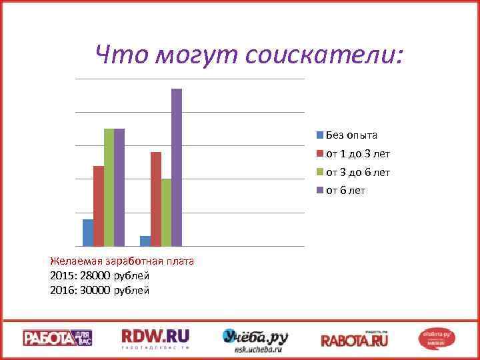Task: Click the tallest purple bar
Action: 177,167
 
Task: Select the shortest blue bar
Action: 145,241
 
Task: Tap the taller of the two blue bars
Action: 88,232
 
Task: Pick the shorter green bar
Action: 166,212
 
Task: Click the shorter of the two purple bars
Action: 119,187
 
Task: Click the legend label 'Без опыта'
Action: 351,135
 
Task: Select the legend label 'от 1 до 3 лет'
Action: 357,154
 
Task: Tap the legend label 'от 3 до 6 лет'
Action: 357,173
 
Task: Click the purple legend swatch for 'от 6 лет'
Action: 320,191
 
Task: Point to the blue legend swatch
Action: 320,135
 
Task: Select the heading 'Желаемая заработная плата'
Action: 122,261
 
